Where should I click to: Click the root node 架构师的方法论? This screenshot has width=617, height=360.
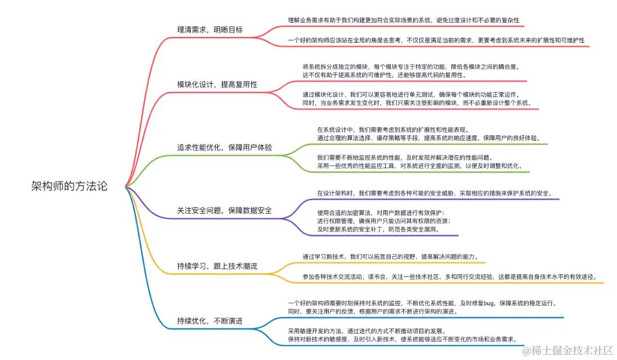click(69, 186)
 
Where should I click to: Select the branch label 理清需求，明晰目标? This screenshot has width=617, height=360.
click(210, 30)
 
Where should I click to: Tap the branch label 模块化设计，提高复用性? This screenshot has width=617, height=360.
click(217, 84)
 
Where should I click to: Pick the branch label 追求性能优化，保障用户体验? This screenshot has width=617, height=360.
click(225, 147)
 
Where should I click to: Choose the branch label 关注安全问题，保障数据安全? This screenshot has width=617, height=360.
click(225, 210)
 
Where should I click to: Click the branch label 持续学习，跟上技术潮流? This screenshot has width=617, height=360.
click(217, 266)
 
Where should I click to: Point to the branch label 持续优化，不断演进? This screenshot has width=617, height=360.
click(210, 321)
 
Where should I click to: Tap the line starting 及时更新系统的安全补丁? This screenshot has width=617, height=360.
click(379, 229)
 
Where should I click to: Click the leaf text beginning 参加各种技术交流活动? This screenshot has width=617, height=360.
click(450, 277)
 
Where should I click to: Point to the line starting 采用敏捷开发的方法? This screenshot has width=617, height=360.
click(366, 331)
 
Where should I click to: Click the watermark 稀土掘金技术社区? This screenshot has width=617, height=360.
click(571, 349)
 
